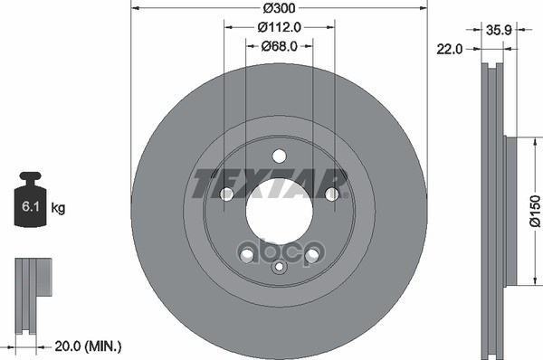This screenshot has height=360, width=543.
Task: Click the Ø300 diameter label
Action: tap(279, 7)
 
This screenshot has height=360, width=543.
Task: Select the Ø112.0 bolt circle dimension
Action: tap(280, 27)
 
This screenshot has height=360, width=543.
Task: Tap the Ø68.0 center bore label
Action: tap(279, 46)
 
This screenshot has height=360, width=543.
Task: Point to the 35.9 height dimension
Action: tap(499, 30)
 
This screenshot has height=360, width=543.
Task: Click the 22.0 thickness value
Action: tap(449, 49)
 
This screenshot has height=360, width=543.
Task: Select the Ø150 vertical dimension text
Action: tap(535, 211)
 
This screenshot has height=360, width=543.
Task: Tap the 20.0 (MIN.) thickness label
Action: tap(88, 346)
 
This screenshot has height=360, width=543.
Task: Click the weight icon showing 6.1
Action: tap(30, 199)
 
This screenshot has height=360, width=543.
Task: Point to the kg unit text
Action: tap(58, 208)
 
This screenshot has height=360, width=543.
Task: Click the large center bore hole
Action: tap(279, 211)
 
